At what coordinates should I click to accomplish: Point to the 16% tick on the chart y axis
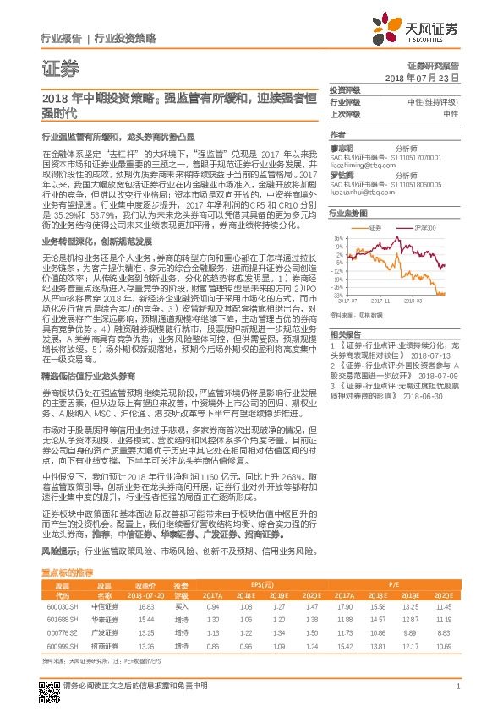[336, 237]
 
